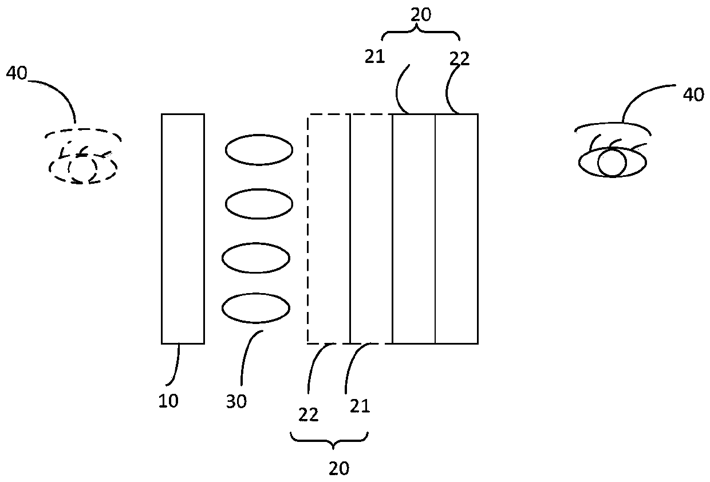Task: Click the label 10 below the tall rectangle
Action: point(168,401)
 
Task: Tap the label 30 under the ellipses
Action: point(236,402)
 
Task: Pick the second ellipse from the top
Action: point(259,203)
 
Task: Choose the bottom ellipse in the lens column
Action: point(256,309)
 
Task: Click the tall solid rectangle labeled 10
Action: point(183,228)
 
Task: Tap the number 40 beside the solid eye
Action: point(693,94)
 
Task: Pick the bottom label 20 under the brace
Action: point(339,468)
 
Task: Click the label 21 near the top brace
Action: point(375,57)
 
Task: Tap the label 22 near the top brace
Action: point(459,59)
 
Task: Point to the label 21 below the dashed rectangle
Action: point(360,406)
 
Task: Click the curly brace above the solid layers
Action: point(421,34)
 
